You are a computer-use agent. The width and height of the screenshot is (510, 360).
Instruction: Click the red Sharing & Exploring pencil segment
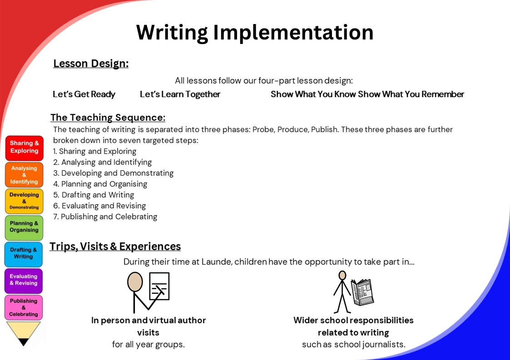(x=25, y=148)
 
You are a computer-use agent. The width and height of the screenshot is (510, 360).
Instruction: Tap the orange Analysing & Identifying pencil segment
(x=24, y=175)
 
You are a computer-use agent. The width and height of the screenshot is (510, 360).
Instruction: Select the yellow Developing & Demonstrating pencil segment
(x=24, y=201)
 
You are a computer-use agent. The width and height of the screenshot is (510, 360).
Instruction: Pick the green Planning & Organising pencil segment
(x=24, y=227)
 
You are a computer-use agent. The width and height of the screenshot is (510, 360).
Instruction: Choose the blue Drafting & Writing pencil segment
(x=24, y=254)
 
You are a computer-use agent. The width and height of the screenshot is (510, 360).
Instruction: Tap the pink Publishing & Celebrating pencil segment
(x=24, y=307)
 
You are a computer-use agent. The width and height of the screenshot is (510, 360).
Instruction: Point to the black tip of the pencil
(x=24, y=342)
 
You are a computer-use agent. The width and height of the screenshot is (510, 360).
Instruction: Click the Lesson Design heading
(x=91, y=64)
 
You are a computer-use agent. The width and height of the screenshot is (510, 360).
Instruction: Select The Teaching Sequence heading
(x=108, y=118)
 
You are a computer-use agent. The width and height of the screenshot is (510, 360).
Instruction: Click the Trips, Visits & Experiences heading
(x=115, y=247)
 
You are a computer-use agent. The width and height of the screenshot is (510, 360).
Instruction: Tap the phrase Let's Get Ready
(x=84, y=94)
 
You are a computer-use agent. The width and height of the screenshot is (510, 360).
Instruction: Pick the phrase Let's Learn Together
(x=180, y=94)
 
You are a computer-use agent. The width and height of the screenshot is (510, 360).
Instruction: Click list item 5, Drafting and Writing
(x=94, y=195)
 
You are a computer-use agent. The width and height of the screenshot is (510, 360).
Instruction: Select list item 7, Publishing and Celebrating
(x=105, y=217)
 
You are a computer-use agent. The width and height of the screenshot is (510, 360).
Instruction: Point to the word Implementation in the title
(x=293, y=33)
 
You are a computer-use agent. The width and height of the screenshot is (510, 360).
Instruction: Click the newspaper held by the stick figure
(x=362, y=292)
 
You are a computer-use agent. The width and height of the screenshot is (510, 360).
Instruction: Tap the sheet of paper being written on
(x=159, y=286)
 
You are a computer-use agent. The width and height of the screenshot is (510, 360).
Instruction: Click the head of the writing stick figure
(x=135, y=281)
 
